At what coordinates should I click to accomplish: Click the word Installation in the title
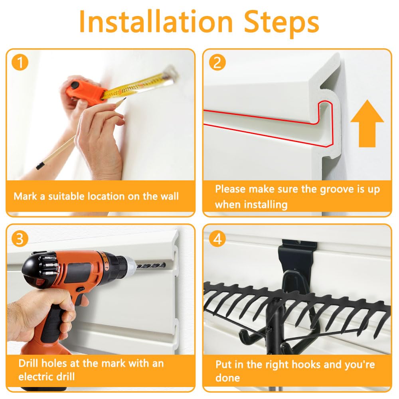[x=156, y=22]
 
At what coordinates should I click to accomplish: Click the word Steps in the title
[x=282, y=24]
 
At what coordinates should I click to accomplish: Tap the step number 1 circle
[x=20, y=62]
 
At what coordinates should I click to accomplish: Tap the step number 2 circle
[x=217, y=62]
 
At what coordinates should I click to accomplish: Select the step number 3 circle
[x=20, y=239]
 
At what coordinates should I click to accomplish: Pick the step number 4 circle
[x=217, y=239]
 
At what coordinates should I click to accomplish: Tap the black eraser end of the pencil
[x=40, y=166]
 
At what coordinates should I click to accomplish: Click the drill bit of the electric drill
[x=151, y=266]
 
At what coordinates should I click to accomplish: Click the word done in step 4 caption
[x=227, y=378]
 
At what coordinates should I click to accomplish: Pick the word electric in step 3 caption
[x=47, y=377]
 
